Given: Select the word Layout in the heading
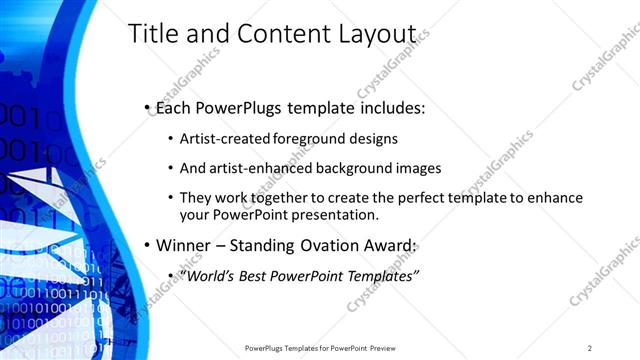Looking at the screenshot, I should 386,34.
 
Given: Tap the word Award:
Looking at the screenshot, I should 389,245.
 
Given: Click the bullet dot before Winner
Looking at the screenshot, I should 146,246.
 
